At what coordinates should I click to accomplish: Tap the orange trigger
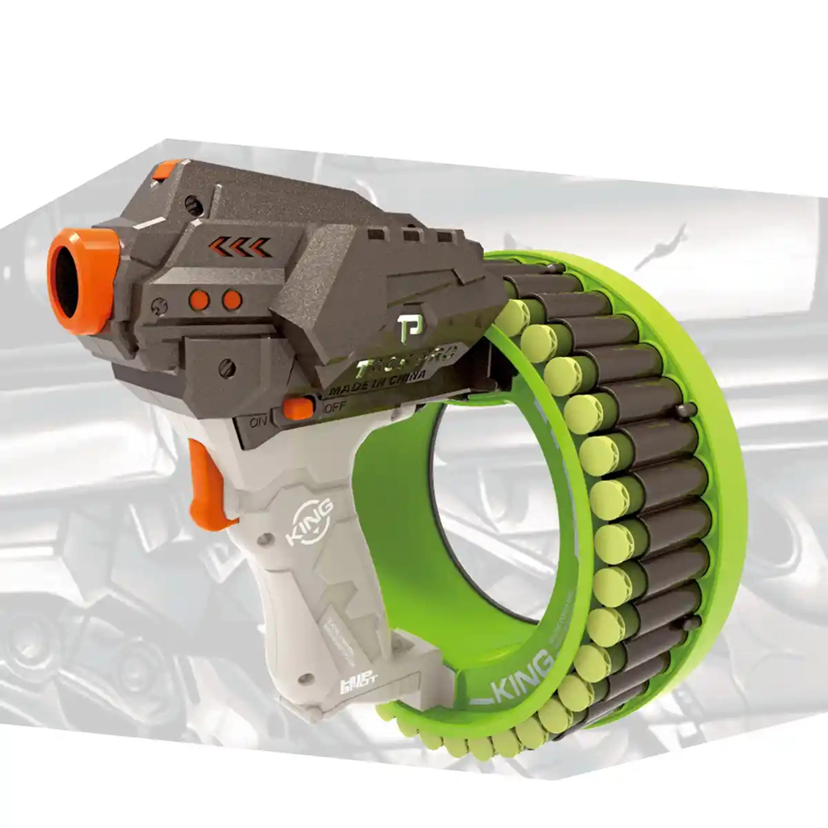[x=209, y=484]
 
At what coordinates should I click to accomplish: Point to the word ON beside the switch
[x=258, y=423]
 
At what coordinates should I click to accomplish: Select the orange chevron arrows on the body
[x=240, y=248]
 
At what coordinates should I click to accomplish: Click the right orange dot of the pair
[x=232, y=300]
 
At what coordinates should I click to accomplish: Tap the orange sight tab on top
[x=166, y=170]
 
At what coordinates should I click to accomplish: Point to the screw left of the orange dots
[x=159, y=307]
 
